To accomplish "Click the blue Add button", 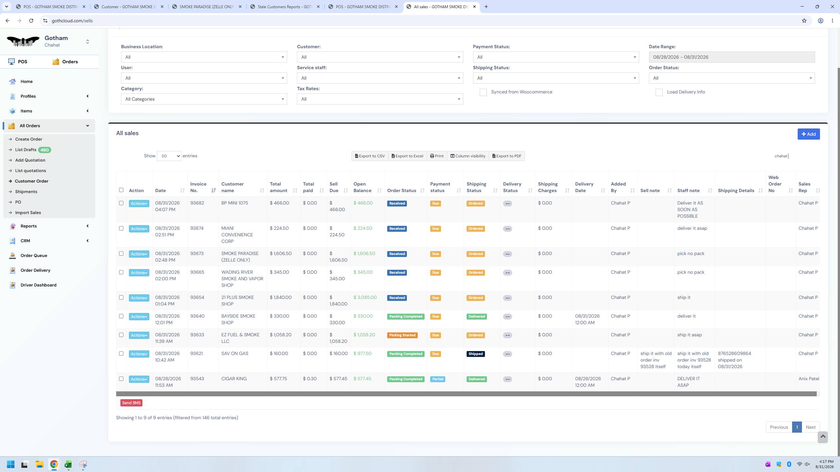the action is pyautogui.click(x=808, y=134).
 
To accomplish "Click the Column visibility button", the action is pyautogui.click(x=468, y=156).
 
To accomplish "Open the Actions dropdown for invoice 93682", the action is pyautogui.click(x=139, y=204).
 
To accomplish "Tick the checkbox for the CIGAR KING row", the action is pyautogui.click(x=121, y=379).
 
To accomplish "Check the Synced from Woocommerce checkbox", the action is pyautogui.click(x=483, y=92).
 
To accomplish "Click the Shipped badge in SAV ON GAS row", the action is pyautogui.click(x=475, y=354).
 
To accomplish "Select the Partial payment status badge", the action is pyautogui.click(x=438, y=379).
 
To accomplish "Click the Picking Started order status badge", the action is pyautogui.click(x=402, y=335).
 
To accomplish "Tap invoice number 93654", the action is pyautogui.click(x=197, y=298).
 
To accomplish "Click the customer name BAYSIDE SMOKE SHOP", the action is pyautogui.click(x=238, y=319).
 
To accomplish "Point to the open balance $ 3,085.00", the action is pyautogui.click(x=365, y=298).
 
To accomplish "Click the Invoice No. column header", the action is pyautogui.click(x=199, y=187).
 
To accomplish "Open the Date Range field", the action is pyautogui.click(x=732, y=57).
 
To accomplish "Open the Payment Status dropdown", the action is pyautogui.click(x=556, y=57).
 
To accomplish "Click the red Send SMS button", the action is pyautogui.click(x=131, y=403).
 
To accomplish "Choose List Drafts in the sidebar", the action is pyautogui.click(x=26, y=150).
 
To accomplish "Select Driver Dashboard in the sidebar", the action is pyautogui.click(x=38, y=285).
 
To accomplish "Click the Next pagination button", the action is pyautogui.click(x=810, y=427).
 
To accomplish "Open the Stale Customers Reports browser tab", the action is pyautogui.click(x=285, y=7).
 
